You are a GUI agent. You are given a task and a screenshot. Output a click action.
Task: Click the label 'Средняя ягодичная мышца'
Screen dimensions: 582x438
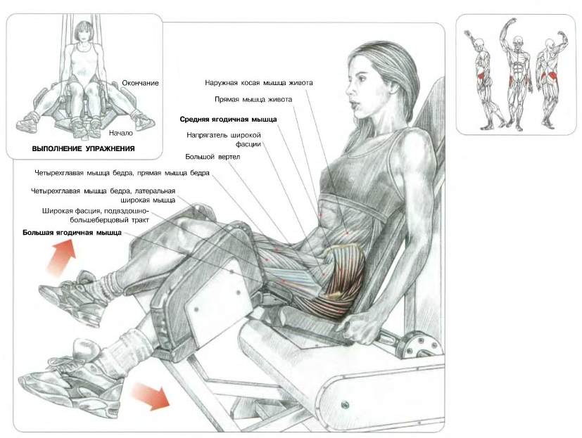(228, 120)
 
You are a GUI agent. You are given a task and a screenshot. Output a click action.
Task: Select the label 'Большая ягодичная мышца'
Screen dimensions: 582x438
(72, 233)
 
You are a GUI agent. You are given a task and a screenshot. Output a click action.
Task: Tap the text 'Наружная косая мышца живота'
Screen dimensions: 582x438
(259, 83)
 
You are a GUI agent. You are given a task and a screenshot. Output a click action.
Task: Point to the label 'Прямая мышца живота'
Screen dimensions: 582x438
(253, 99)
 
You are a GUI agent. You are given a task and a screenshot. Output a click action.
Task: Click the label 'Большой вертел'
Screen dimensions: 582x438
(213, 157)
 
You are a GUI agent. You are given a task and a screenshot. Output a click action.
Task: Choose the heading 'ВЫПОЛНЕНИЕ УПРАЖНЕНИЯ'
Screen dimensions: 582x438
(84, 149)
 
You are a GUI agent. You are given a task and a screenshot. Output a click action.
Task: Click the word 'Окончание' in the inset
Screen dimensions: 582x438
(140, 83)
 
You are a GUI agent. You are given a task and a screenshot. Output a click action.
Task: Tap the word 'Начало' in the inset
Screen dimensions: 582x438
(120, 132)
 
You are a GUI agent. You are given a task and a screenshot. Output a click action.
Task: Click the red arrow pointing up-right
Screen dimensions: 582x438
(61, 257)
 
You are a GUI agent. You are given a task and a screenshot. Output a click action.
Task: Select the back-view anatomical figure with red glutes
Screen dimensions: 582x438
(548, 79)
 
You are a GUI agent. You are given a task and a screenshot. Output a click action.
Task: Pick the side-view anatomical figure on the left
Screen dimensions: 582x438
(484, 79)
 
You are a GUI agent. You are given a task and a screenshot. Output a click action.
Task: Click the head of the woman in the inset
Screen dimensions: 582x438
(84, 32)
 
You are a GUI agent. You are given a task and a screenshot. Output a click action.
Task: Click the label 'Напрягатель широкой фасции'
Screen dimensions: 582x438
(224, 140)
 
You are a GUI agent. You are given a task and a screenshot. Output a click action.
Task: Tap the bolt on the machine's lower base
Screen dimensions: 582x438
(345, 404)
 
